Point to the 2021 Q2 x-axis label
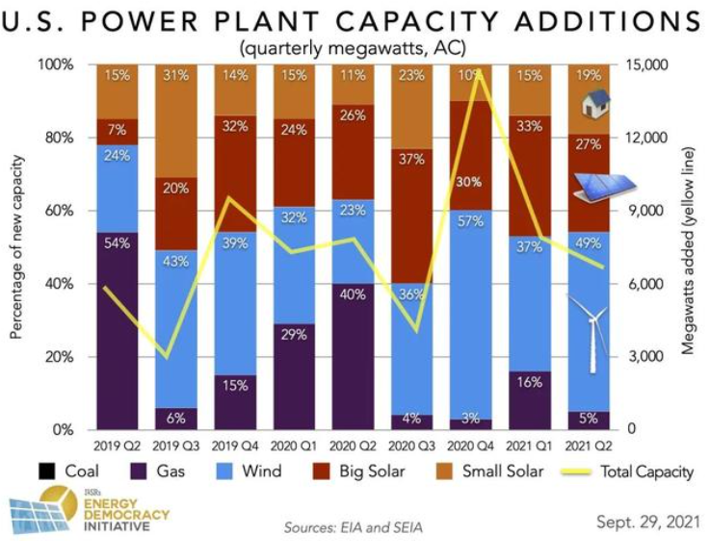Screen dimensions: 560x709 tap(591, 446)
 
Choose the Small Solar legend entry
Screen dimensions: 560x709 tap(502, 472)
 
